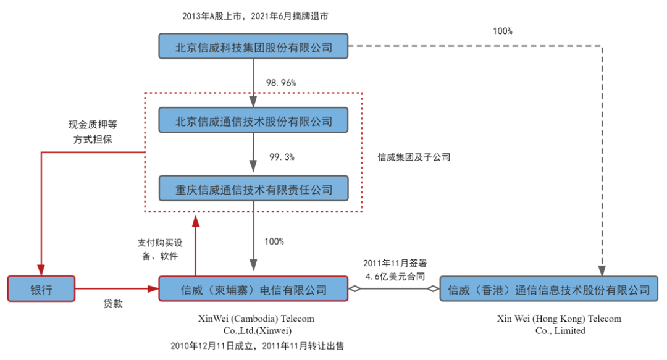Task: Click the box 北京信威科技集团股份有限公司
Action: point(253,46)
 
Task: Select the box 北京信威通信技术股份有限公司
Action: point(253,120)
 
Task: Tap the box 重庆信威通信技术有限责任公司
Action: point(253,188)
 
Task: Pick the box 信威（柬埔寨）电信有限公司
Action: point(253,288)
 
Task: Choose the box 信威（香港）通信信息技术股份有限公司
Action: point(548,288)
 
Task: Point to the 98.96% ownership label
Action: point(281,82)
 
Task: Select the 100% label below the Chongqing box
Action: point(274,241)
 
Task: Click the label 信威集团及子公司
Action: point(414,157)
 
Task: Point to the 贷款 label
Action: point(112,304)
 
